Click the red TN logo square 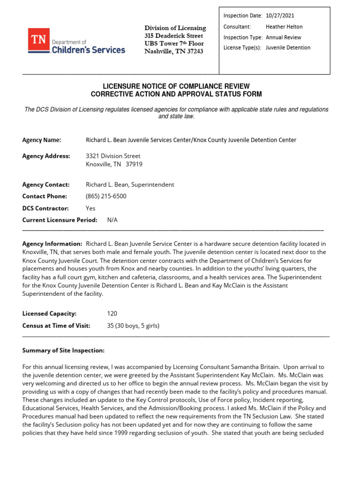(39, 41)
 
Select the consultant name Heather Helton (284, 27)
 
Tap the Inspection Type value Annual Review (283, 37)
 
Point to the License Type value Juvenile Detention (288, 48)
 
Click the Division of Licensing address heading (175, 28)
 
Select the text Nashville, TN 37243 (173, 51)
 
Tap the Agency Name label (42, 140)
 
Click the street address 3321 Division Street (113, 156)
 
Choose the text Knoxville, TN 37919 (114, 164)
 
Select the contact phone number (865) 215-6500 (106, 196)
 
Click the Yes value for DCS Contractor (90, 208)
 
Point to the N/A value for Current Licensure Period (112, 219)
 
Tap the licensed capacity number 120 (112, 314)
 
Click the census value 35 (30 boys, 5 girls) (133, 325)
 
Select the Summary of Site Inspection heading (63, 351)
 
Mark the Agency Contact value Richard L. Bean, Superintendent (130, 185)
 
